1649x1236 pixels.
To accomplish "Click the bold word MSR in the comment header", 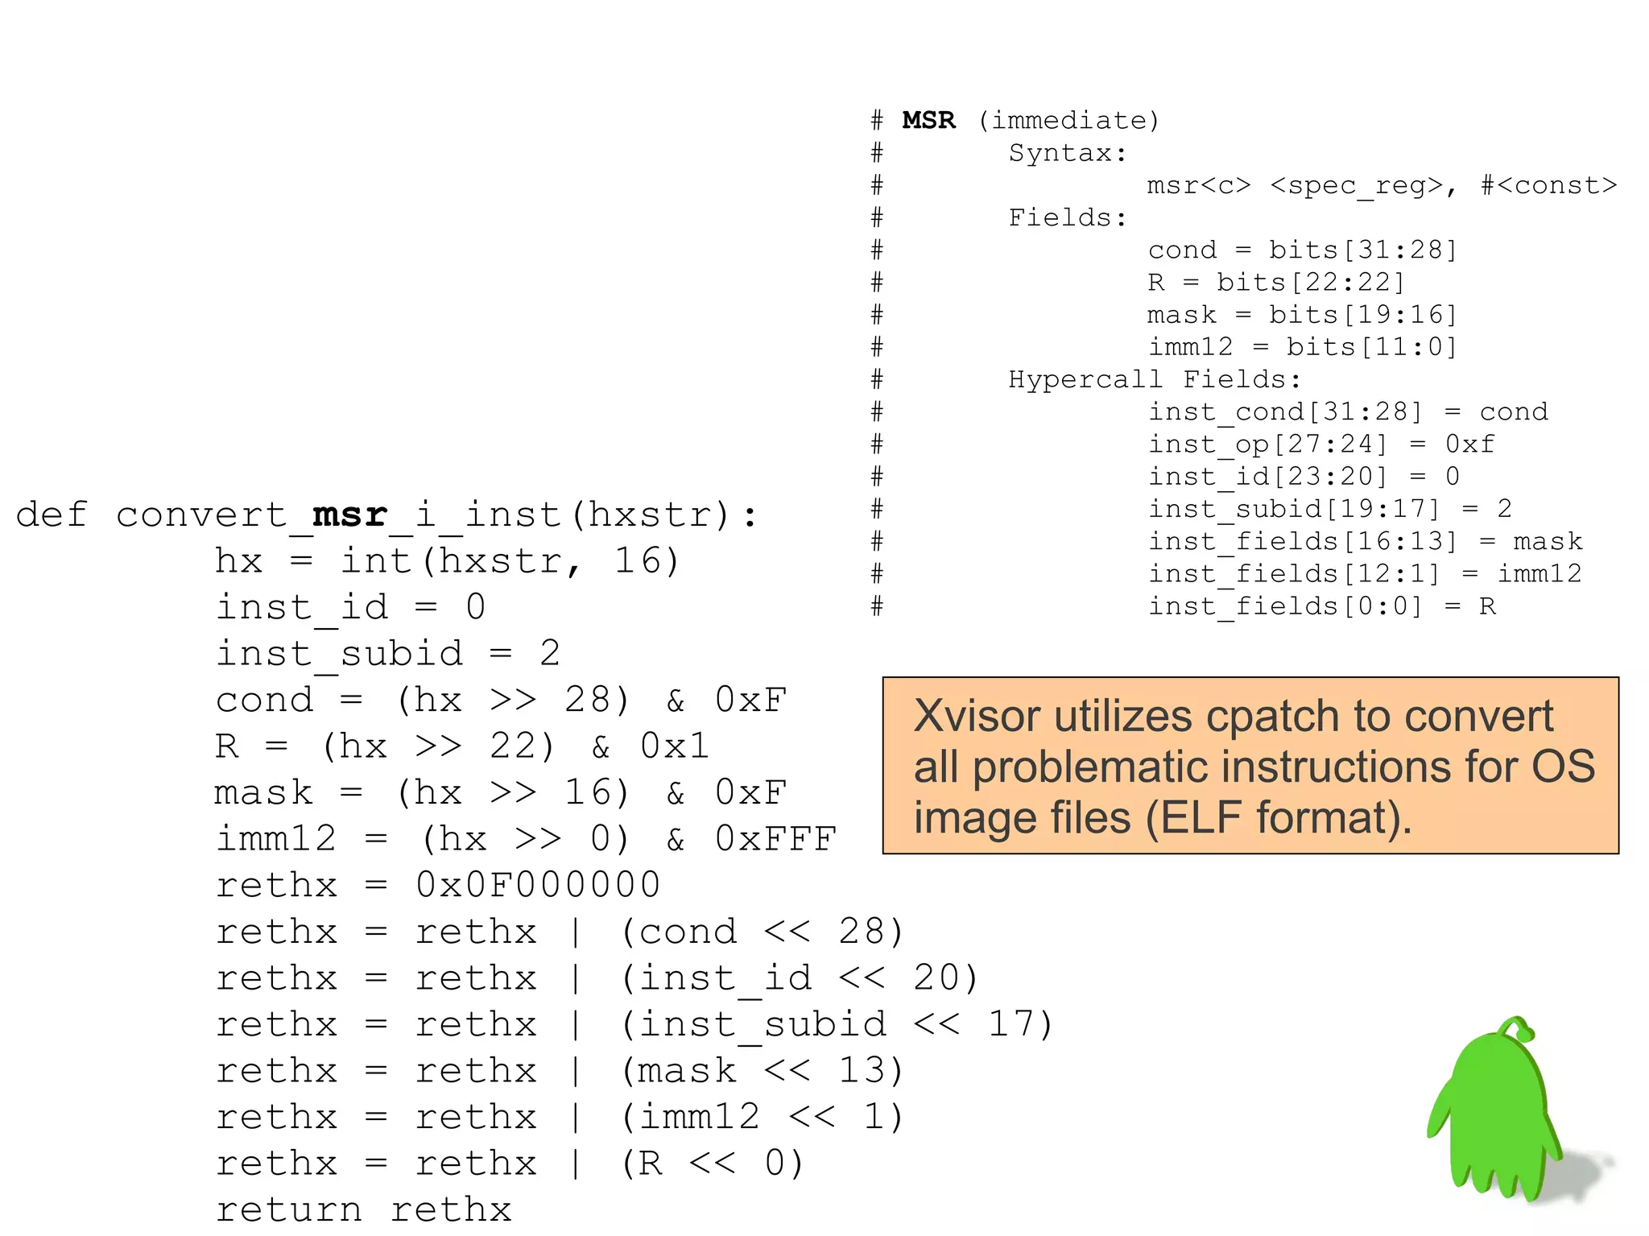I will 928,120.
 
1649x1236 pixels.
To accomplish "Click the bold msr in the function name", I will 349,515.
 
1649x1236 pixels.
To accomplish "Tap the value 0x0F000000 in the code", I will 538,885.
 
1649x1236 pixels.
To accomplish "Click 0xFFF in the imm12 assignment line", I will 775,839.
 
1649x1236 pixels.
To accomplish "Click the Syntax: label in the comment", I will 1068,152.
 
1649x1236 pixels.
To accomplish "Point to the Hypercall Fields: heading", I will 1154,379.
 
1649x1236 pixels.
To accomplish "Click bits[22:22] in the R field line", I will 1310,283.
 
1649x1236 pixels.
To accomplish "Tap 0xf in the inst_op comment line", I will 1469,444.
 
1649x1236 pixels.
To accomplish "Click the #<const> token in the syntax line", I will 1548,185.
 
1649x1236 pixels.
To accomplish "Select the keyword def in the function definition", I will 51,515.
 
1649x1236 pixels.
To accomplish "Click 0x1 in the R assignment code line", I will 674,746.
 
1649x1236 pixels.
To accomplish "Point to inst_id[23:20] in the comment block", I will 1268,477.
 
